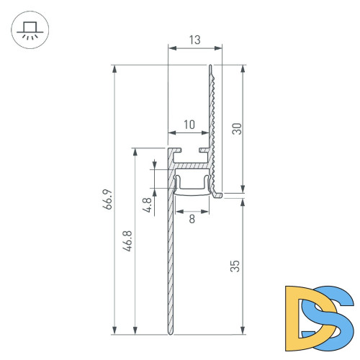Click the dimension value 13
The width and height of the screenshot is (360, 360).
pos(194,40)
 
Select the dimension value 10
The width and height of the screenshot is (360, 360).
pos(189,125)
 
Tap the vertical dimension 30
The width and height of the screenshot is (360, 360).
pos(235,128)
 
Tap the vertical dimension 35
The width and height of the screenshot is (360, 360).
pos(235,266)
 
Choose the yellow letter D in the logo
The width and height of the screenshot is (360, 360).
pos(299,313)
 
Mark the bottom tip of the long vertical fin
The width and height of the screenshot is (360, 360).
pos(171,333)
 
